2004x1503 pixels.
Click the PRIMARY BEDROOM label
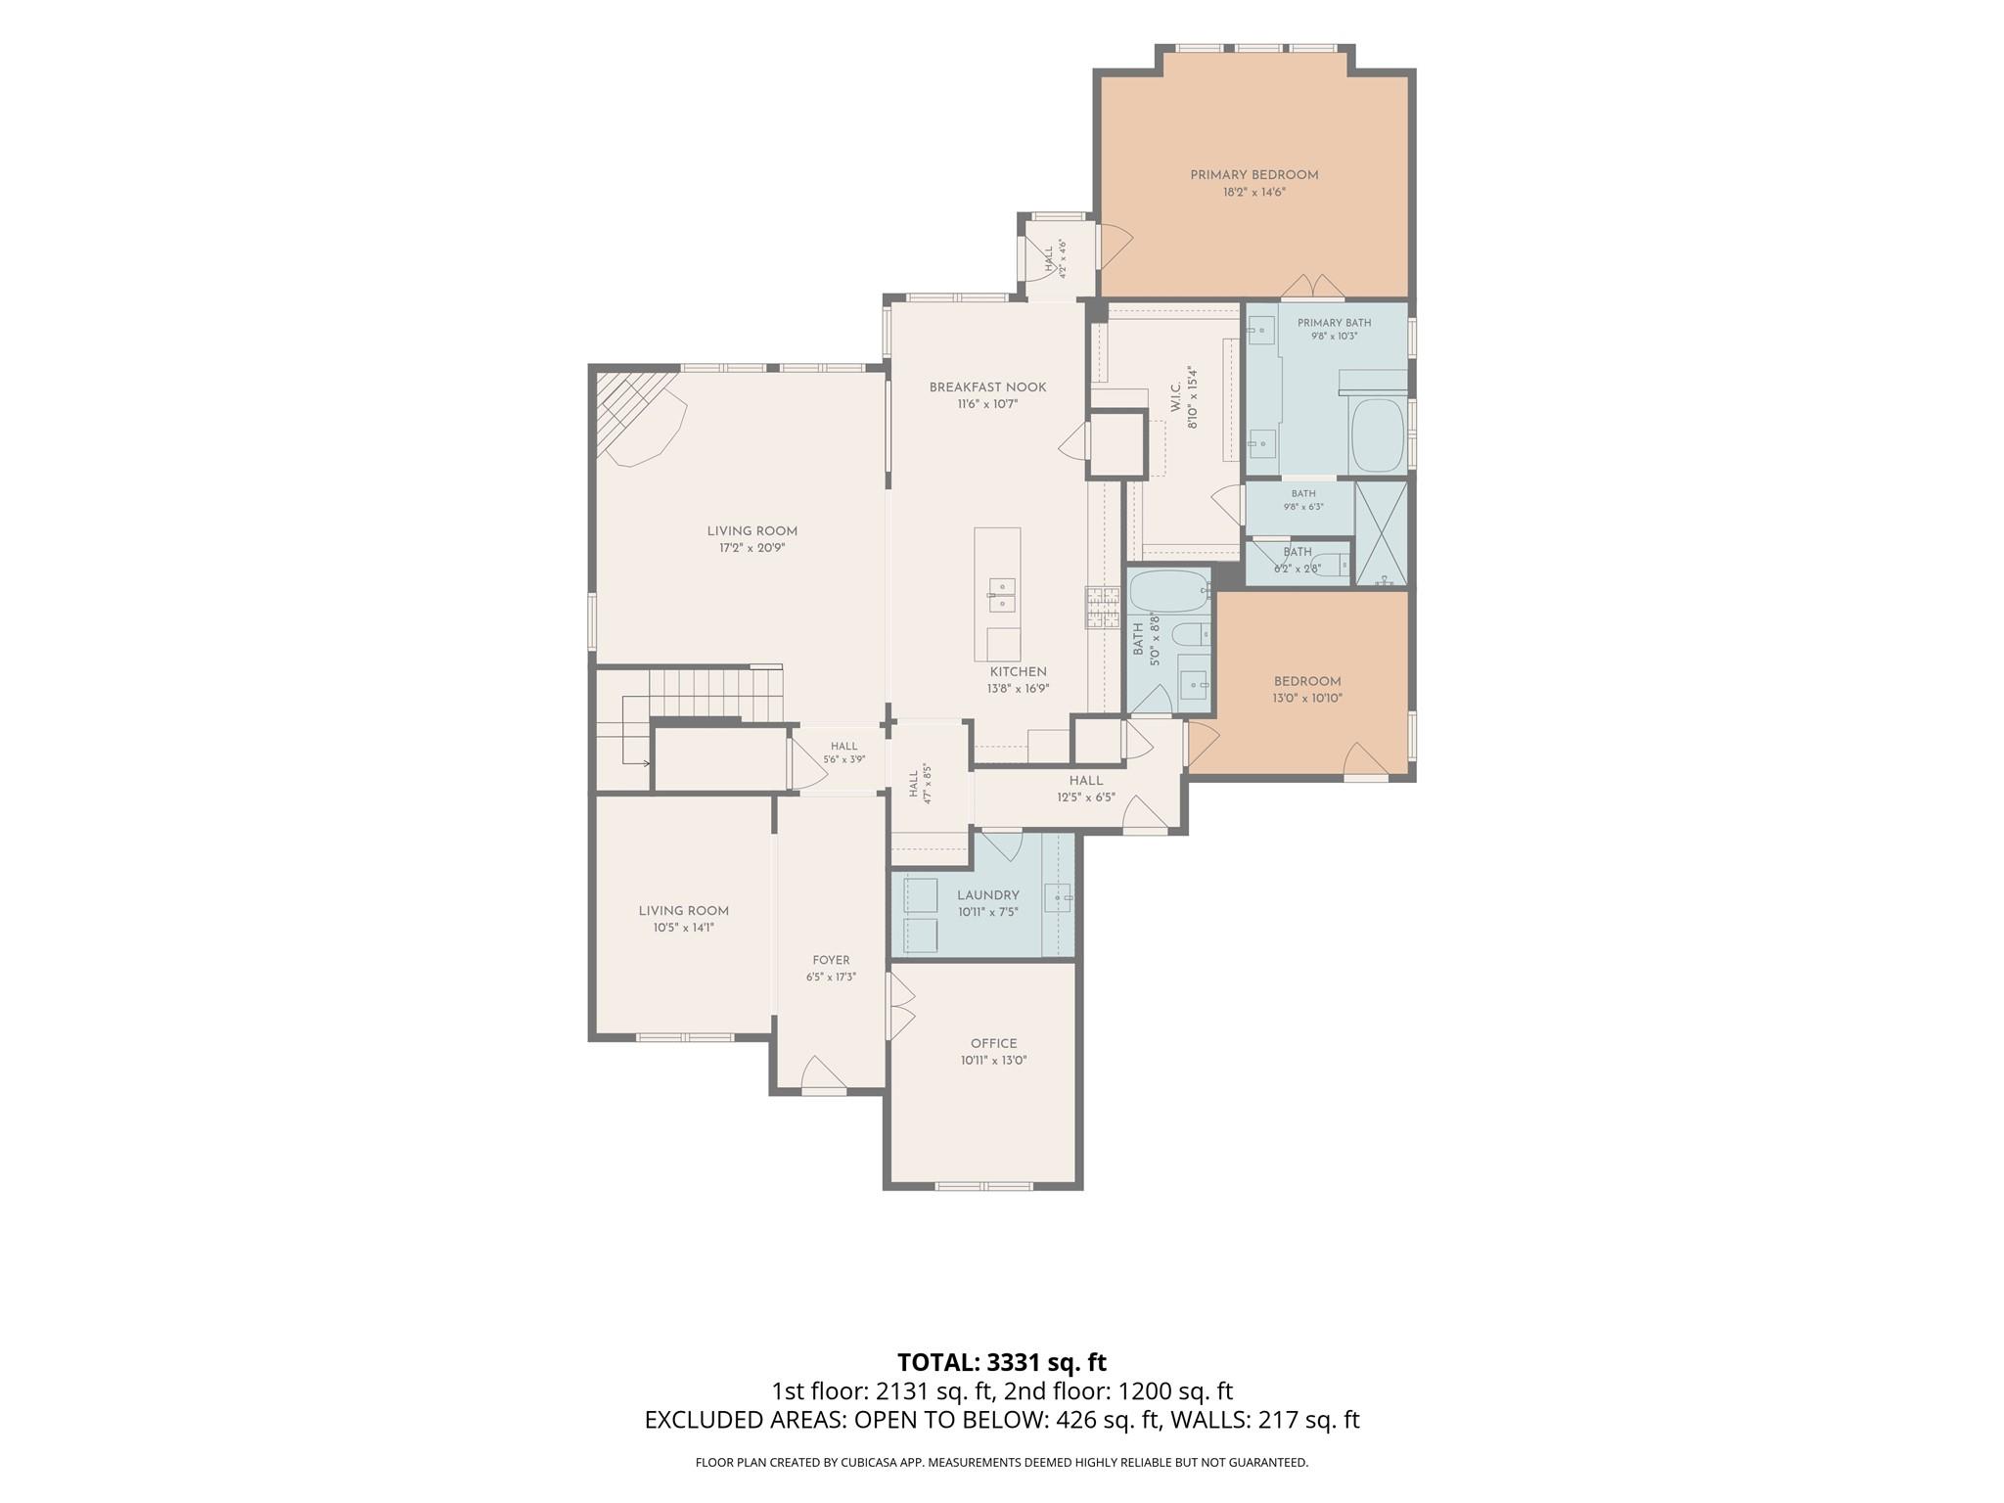(1253, 175)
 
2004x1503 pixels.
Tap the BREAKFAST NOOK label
(987, 387)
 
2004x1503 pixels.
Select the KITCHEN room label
(1018, 672)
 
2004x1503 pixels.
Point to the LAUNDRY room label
(988, 895)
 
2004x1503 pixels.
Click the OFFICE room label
(993, 1043)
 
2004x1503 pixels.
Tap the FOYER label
(831, 960)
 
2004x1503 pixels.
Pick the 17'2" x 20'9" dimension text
(752, 548)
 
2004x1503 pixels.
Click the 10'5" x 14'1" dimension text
(684, 928)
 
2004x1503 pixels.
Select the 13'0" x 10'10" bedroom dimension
(1307, 699)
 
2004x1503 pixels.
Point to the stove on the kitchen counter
(1102, 608)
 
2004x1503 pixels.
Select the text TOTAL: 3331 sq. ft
(1002, 1362)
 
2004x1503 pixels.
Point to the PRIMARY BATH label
(1334, 323)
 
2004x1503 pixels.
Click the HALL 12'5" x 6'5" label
(1086, 789)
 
